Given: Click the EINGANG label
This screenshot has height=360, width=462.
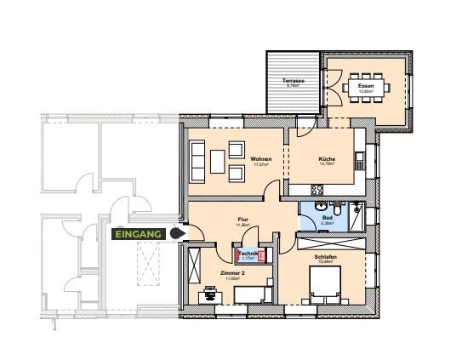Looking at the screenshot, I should (x=138, y=231).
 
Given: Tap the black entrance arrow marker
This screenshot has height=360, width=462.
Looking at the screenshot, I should (x=177, y=232).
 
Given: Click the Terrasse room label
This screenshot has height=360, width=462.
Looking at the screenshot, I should (x=293, y=82).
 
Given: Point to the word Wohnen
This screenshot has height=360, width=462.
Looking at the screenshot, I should (x=260, y=159).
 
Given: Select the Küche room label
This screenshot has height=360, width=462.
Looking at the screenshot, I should (x=327, y=159).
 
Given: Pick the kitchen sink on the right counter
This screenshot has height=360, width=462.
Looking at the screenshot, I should (x=361, y=157).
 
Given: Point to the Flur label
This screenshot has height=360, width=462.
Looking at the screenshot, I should (x=242, y=220).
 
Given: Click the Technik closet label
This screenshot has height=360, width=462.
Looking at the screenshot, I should (x=248, y=254).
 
